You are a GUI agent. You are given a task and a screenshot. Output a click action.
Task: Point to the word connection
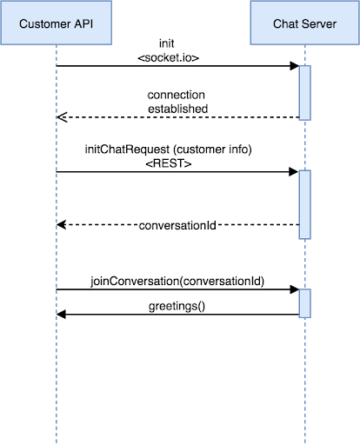(x=178, y=94)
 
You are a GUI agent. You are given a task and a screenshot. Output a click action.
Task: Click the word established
(x=178, y=109)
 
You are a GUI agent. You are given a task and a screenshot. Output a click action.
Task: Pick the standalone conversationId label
(x=177, y=225)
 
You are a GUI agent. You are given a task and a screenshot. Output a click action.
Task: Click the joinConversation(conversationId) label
(x=177, y=282)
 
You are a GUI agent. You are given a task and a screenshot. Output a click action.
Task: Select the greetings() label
(x=177, y=308)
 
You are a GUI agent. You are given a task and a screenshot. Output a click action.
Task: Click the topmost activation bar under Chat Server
(x=305, y=92)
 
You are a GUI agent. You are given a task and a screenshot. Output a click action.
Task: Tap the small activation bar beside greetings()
(x=305, y=303)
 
